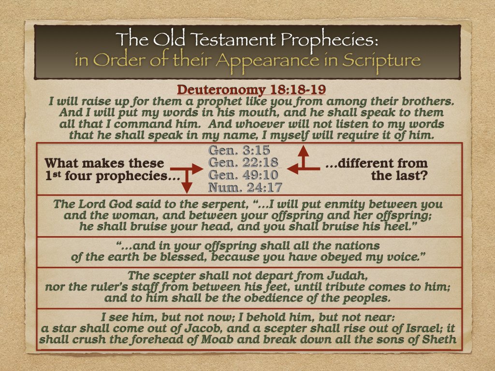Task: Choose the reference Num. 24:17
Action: pyautogui.click(x=245, y=187)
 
